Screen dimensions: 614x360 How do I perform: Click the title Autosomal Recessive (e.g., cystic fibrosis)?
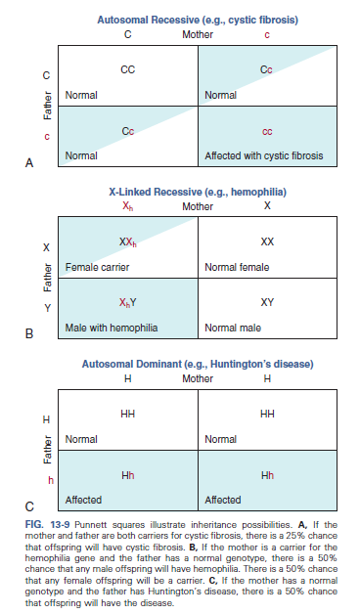(x=198, y=21)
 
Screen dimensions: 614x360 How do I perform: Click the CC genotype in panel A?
(x=127, y=70)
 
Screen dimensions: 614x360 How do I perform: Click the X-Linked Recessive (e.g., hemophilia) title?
(x=197, y=194)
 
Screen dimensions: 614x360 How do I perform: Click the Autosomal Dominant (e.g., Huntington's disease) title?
(x=198, y=365)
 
